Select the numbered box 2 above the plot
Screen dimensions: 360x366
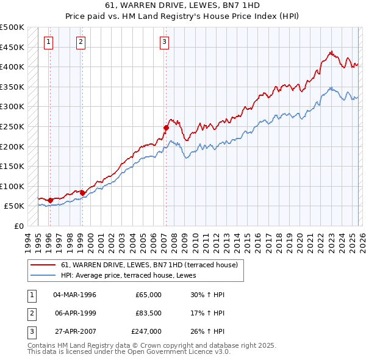point(81,41)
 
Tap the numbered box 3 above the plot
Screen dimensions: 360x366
point(165,41)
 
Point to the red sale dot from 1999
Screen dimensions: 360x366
point(82,193)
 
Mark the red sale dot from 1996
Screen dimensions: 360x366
point(50,200)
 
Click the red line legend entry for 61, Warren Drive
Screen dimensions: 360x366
point(152,264)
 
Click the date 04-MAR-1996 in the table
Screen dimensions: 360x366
point(74,295)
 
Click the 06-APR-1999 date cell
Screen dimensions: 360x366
point(74,313)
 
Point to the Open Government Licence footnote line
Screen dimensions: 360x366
point(129,352)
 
